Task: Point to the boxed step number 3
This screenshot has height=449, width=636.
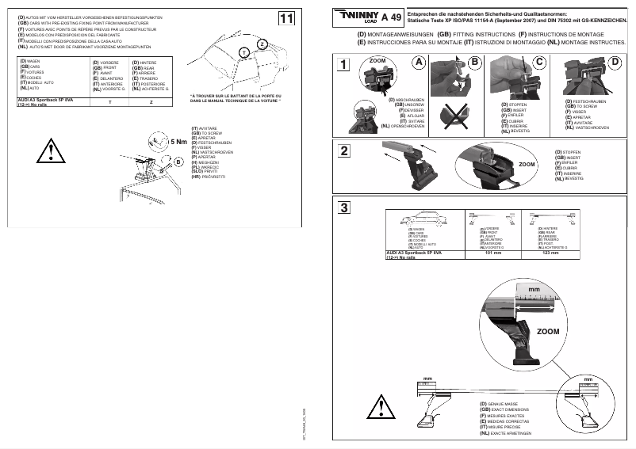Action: pos(343,208)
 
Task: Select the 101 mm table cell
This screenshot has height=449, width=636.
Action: pos(493,253)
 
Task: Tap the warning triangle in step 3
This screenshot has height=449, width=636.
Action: pos(383,409)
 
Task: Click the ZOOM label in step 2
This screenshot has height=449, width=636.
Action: pos(527,165)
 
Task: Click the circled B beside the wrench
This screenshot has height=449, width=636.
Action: pos(179,162)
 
